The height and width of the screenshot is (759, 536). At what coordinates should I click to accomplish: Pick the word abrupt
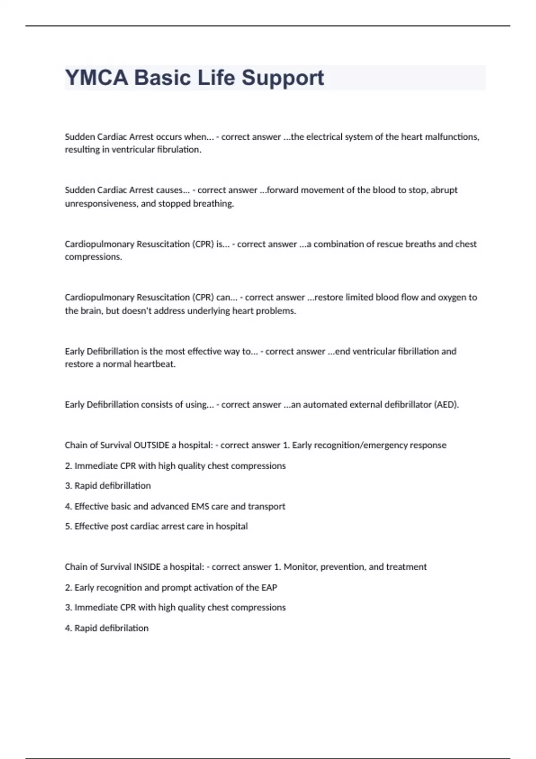[444, 190]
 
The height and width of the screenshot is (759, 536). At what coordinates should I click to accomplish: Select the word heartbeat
[155, 364]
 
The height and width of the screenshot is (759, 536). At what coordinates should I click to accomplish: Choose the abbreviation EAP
[269, 588]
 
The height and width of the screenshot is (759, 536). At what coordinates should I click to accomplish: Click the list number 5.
[68, 526]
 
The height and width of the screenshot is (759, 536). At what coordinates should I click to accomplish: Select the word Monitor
[300, 567]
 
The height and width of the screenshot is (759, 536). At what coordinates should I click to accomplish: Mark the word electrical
[323, 137]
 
